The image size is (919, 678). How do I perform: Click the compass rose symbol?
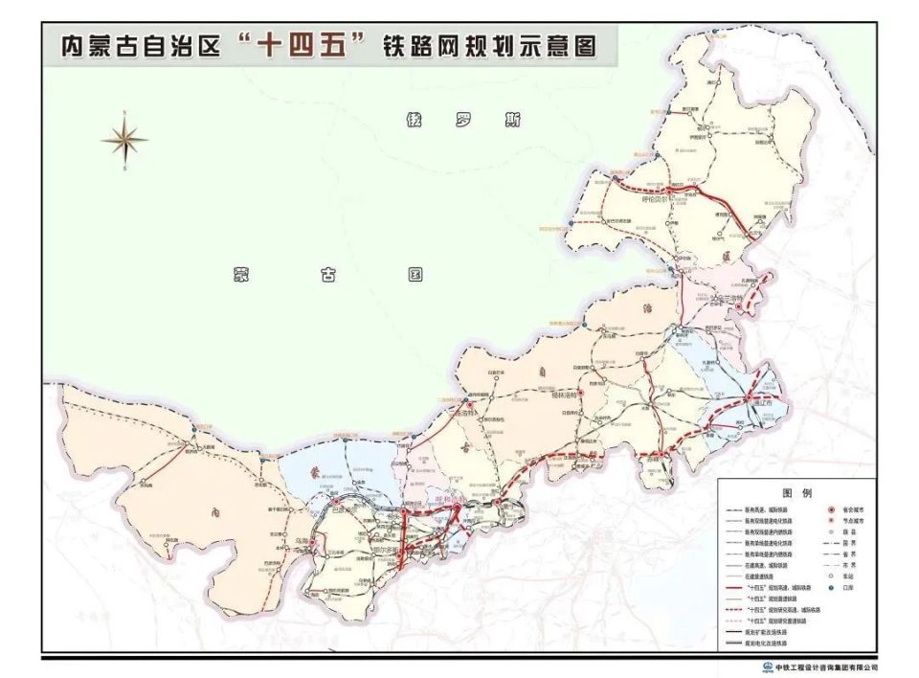124,141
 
